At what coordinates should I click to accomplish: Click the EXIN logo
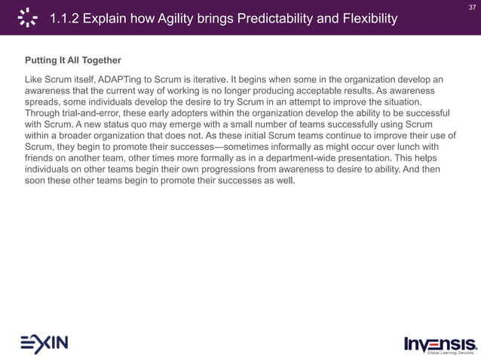(x=44, y=343)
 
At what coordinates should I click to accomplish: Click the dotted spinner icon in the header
(x=28, y=17)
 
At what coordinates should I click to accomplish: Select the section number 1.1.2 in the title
(x=66, y=18)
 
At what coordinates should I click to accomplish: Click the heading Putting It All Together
(x=73, y=59)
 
